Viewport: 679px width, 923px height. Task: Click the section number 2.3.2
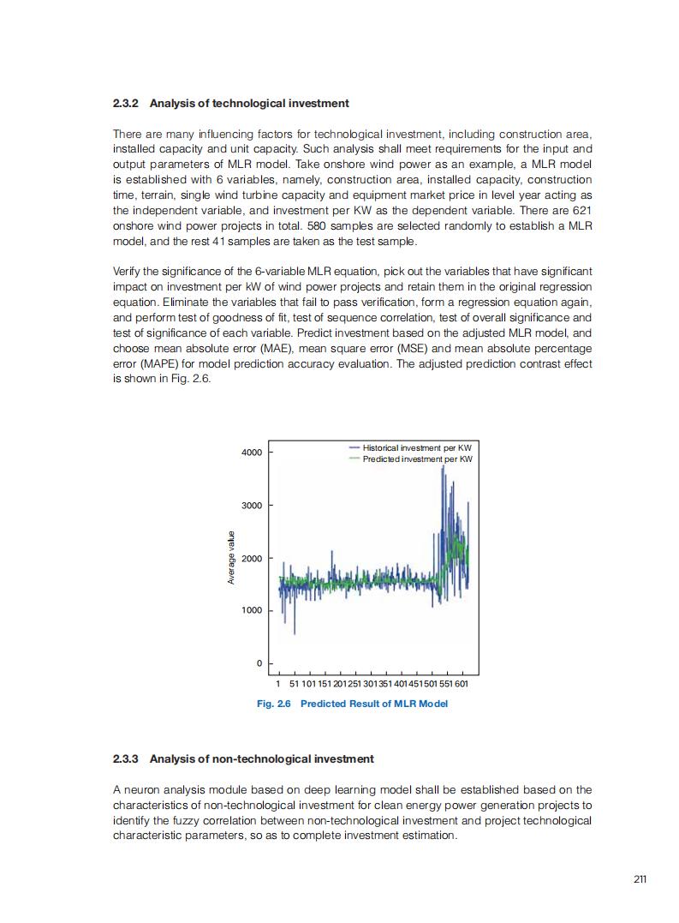point(127,104)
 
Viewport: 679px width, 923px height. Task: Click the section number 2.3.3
point(127,759)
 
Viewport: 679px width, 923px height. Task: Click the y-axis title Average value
point(231,559)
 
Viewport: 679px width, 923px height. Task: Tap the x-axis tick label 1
point(279,684)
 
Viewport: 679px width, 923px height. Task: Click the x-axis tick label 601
point(462,684)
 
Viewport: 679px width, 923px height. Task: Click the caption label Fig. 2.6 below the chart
point(275,704)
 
